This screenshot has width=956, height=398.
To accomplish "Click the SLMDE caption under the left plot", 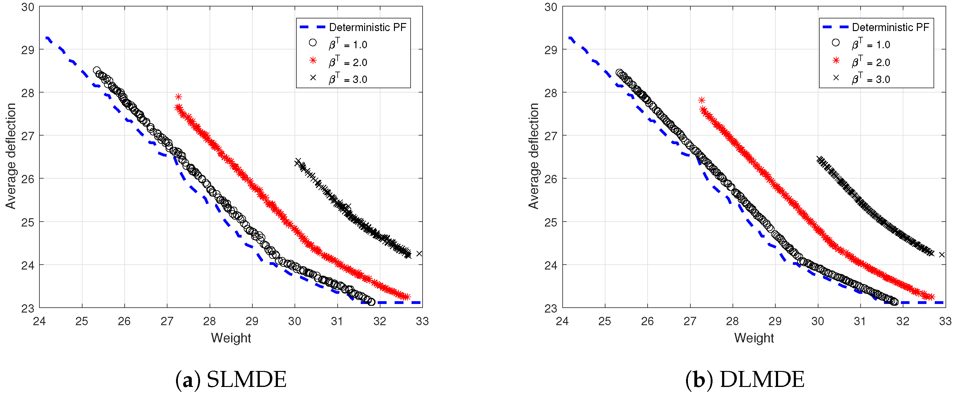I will (231, 380).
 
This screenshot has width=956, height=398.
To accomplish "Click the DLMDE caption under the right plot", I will (745, 380).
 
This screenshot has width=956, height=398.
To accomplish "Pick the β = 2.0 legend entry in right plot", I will (870, 62).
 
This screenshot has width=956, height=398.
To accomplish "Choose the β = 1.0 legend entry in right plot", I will (870, 45).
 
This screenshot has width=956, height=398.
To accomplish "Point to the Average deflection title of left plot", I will (11, 156).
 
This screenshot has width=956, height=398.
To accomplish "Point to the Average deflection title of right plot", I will (534, 156).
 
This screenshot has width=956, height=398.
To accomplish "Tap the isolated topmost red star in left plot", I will (179, 97).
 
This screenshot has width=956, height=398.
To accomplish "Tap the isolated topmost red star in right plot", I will (701, 100).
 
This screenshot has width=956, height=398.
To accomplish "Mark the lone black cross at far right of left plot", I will (419, 254).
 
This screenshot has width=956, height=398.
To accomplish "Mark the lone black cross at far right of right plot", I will (942, 254).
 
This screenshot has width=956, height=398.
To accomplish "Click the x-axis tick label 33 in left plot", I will (422, 321).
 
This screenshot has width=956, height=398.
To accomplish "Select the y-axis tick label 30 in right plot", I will (550, 7).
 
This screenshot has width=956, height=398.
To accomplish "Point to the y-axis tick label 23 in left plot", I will (27, 308).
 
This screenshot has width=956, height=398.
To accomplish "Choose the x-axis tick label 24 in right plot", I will (562, 321).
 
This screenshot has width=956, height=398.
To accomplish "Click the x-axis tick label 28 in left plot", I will (210, 321).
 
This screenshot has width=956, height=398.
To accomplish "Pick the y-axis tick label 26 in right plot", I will (550, 179).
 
